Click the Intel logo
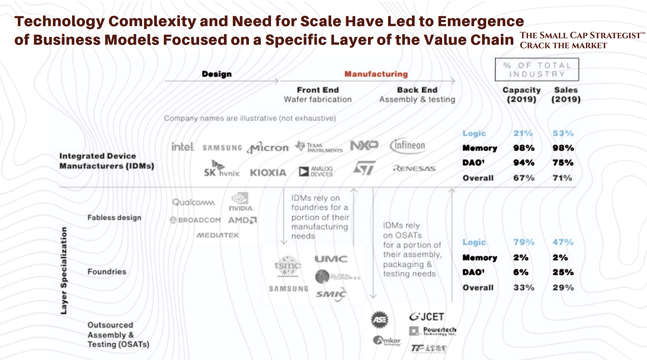(x=183, y=147)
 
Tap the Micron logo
(x=268, y=148)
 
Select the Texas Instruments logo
(x=319, y=147)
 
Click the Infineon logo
(x=407, y=145)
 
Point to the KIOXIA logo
(x=268, y=172)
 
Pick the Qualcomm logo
(x=193, y=202)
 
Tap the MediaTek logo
(x=218, y=235)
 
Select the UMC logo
(x=331, y=259)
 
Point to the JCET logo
(x=427, y=317)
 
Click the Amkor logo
(x=387, y=341)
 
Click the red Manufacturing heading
(x=376, y=74)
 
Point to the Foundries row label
(x=107, y=272)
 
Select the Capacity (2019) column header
(x=521, y=94)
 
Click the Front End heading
(x=318, y=90)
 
